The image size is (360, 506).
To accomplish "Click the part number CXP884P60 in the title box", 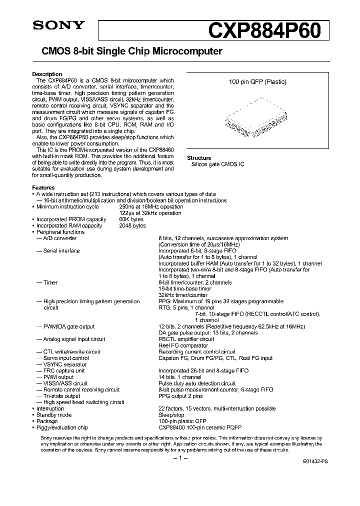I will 270,29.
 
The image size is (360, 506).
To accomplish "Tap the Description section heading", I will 47,74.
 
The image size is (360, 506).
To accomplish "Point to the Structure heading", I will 199,158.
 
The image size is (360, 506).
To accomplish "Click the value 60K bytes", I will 131,219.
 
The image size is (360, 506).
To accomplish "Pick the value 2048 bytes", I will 132,225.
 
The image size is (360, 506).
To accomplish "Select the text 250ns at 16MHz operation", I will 151,206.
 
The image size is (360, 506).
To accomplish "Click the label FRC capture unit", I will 64,370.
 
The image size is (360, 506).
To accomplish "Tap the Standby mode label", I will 53,415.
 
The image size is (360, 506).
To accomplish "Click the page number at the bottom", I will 179,458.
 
